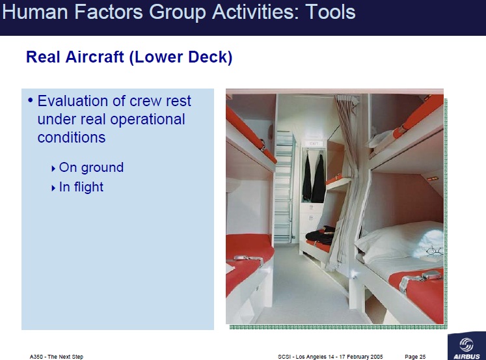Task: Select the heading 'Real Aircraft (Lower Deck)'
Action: pos(129,57)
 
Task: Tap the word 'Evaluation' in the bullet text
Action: pos(74,102)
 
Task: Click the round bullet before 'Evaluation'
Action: pos(30,101)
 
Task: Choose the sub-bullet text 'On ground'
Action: pos(91,167)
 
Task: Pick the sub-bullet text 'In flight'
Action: pos(81,187)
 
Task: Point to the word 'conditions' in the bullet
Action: pos(72,138)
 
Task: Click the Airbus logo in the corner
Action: pos(465,348)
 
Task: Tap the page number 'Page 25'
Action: pos(415,357)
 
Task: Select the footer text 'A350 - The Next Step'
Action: pos(57,357)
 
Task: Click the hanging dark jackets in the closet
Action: pos(313,178)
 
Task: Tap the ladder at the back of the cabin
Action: pos(283,186)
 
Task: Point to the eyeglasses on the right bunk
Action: pos(434,250)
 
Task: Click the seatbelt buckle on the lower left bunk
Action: pos(248,262)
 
